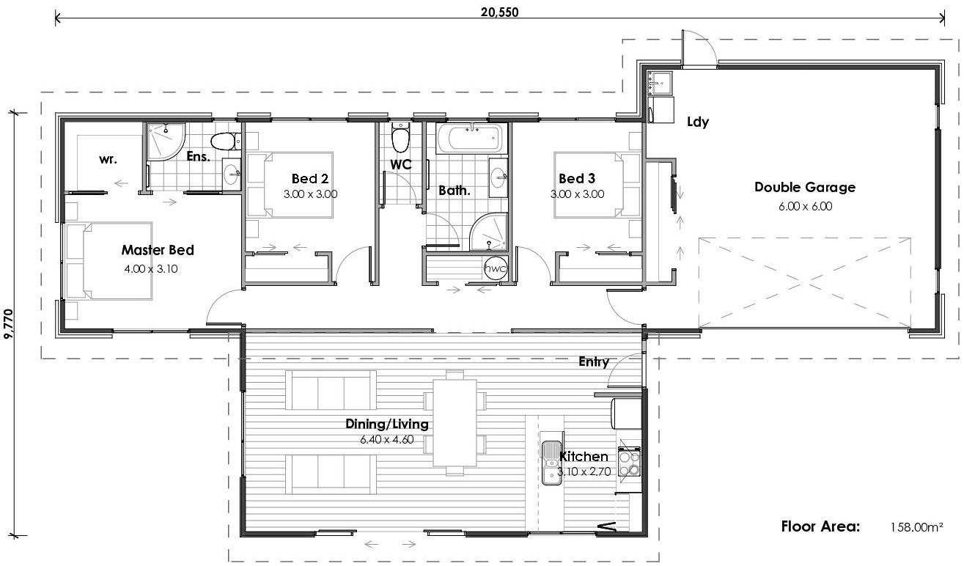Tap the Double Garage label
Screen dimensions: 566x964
(x=805, y=187)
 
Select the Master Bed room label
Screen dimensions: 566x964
(x=158, y=250)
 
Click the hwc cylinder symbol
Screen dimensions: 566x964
(x=496, y=268)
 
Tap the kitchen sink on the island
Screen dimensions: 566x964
(x=551, y=463)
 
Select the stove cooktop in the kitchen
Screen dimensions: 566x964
(x=630, y=462)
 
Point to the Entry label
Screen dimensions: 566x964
(x=594, y=361)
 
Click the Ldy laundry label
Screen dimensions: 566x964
(x=697, y=122)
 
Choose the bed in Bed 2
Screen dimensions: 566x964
(x=290, y=185)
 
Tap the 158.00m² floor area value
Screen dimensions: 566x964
(x=916, y=526)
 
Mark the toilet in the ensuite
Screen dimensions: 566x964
(x=223, y=140)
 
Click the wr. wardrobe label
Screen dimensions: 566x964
(x=108, y=158)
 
